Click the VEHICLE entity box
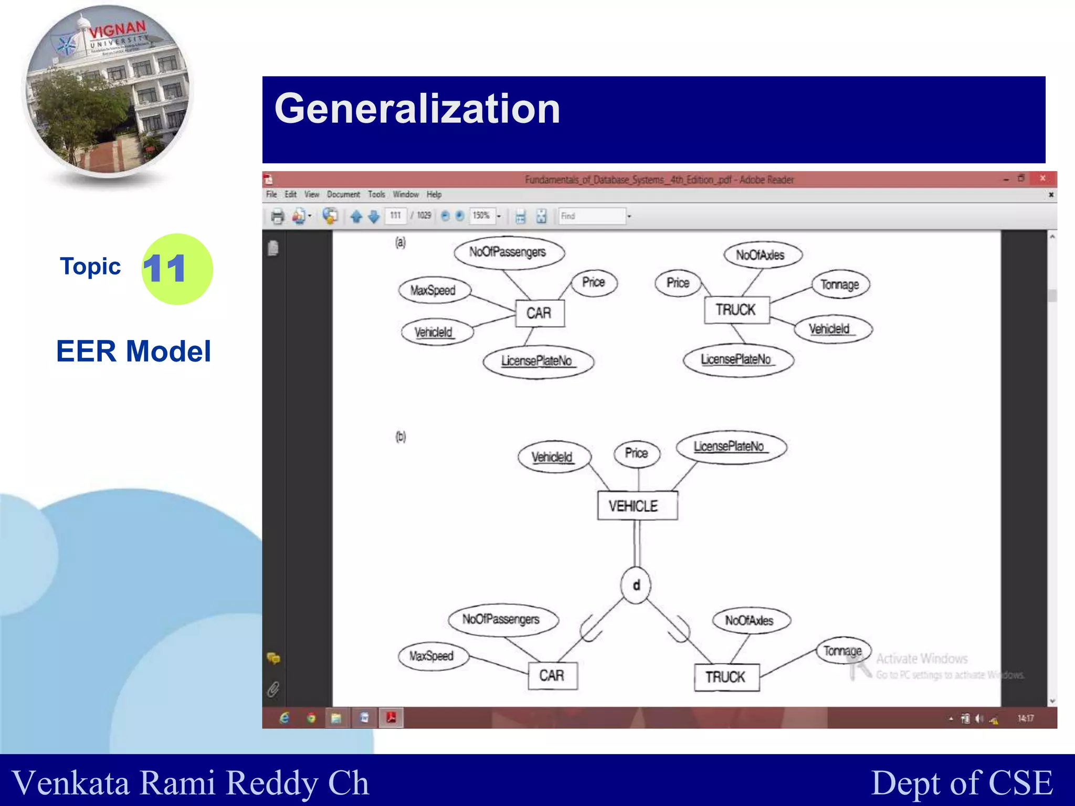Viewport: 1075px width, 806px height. click(x=637, y=506)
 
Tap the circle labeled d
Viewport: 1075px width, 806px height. click(x=636, y=585)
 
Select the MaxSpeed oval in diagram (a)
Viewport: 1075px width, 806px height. click(x=434, y=290)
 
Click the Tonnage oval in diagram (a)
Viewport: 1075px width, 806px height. click(x=840, y=285)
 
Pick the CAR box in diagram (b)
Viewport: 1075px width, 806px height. click(x=552, y=675)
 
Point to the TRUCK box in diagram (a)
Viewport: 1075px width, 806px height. click(x=736, y=310)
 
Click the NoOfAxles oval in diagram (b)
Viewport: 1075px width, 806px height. click(x=750, y=621)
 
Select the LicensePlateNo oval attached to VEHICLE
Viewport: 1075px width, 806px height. click(x=731, y=447)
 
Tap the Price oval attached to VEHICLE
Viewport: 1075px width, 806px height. click(x=637, y=453)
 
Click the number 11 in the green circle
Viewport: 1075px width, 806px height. click(x=165, y=269)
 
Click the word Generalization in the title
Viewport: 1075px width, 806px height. click(x=417, y=109)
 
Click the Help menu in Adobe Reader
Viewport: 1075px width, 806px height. click(x=434, y=195)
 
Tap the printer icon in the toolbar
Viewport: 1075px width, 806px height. click(x=278, y=216)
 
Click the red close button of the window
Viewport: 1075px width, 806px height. click(x=1042, y=178)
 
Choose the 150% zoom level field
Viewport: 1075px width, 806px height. click(x=481, y=216)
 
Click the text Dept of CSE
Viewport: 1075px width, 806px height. click(x=962, y=783)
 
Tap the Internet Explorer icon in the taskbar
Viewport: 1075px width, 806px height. click(x=284, y=718)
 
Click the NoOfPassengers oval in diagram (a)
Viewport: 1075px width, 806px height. click(x=508, y=252)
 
